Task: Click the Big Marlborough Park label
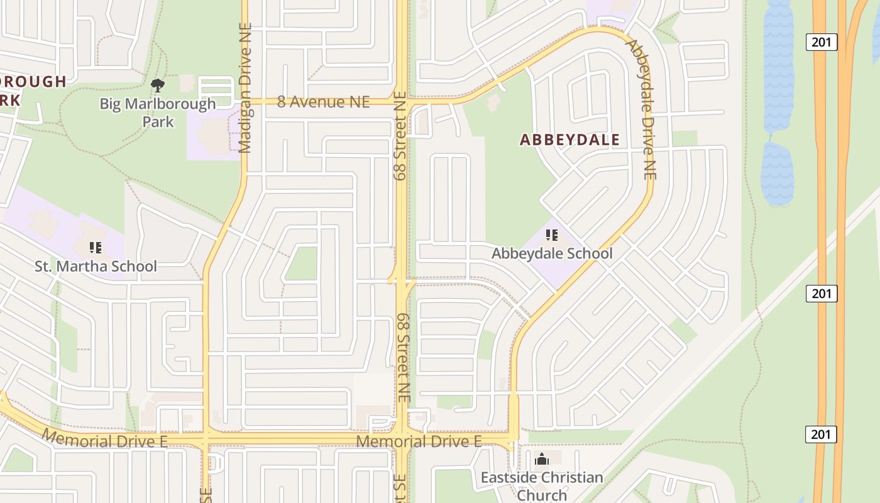click(x=158, y=112)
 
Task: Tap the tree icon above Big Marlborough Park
click(x=158, y=85)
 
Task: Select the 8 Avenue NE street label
click(x=323, y=102)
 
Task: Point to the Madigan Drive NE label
click(x=245, y=88)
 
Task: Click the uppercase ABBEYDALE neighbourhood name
click(x=569, y=140)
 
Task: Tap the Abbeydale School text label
click(x=551, y=253)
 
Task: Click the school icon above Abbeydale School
click(x=552, y=236)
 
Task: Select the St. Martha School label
click(x=96, y=266)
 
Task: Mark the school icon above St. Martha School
click(x=96, y=248)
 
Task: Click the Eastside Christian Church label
click(x=542, y=486)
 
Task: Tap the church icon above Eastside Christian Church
click(x=542, y=460)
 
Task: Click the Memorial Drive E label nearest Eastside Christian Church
click(x=419, y=441)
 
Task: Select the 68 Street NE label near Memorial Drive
click(x=403, y=358)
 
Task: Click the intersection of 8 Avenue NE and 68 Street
click(x=402, y=101)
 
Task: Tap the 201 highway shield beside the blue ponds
click(x=822, y=43)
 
